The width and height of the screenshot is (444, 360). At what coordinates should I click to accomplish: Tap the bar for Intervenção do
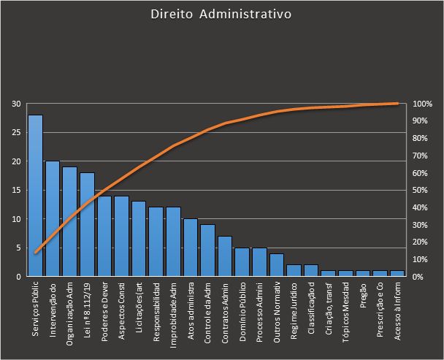click(x=53, y=219)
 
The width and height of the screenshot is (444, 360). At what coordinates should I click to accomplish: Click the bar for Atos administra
click(x=190, y=248)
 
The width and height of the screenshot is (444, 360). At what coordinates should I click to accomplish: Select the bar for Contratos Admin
click(x=225, y=256)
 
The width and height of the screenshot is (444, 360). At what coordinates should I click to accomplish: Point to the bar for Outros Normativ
click(x=277, y=265)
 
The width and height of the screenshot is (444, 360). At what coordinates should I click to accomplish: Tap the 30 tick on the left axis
click(x=15, y=104)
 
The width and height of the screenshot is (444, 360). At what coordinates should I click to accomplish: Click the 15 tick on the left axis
click(x=15, y=190)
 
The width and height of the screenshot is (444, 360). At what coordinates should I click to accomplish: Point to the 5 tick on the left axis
click(x=18, y=248)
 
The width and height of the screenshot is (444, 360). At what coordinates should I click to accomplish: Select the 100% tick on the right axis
click(x=423, y=104)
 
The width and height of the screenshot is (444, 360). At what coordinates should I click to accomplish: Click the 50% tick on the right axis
click(x=421, y=190)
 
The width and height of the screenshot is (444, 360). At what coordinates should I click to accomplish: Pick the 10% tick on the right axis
click(x=421, y=259)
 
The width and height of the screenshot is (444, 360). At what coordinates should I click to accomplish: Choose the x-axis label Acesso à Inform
click(x=397, y=312)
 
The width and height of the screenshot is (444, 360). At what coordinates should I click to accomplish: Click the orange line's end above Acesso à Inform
click(x=397, y=104)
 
